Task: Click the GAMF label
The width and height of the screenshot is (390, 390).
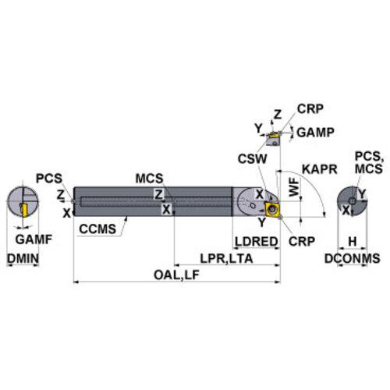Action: pyautogui.click(x=34, y=239)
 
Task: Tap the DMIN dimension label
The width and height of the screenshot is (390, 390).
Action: pyautogui.click(x=23, y=258)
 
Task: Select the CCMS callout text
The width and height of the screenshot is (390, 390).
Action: pyautogui.click(x=97, y=229)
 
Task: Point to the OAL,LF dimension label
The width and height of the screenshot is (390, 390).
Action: pyautogui.click(x=176, y=275)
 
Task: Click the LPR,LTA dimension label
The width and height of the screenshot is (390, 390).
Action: pyautogui.click(x=226, y=259)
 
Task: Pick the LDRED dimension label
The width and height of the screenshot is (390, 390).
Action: pyautogui.click(x=257, y=242)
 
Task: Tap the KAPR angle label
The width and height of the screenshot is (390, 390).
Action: pyautogui.click(x=320, y=169)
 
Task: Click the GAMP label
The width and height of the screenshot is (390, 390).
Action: pyautogui.click(x=315, y=133)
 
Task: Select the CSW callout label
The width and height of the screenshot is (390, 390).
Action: pyautogui.click(x=252, y=159)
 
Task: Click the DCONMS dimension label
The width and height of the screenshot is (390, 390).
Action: pyautogui.click(x=353, y=258)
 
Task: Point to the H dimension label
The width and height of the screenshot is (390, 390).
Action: pyautogui.click(x=353, y=242)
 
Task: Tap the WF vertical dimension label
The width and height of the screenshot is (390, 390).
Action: pyautogui.click(x=294, y=187)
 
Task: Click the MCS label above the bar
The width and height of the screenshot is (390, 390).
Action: pyautogui.click(x=149, y=179)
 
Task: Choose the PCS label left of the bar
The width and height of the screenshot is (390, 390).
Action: pyautogui.click(x=49, y=179)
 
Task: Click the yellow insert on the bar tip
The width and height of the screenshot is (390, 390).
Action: pyautogui.click(x=272, y=209)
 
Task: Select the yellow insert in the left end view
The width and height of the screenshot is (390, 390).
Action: pyautogui.click(x=25, y=211)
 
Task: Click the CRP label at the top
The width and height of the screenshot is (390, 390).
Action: pyautogui.click(x=310, y=108)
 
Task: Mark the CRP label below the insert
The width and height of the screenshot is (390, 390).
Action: pyautogui.click(x=302, y=242)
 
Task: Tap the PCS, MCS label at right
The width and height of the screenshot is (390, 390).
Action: pyautogui.click(x=369, y=163)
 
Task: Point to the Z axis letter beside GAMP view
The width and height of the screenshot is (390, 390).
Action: pyautogui.click(x=278, y=115)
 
